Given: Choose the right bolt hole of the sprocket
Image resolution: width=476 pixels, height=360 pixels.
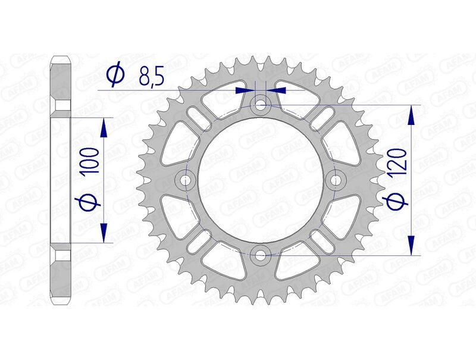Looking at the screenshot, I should tap(336, 180).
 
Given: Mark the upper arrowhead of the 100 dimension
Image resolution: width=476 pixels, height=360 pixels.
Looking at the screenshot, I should tap(104, 124).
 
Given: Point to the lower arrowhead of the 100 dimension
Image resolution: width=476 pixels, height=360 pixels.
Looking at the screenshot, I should tap(104, 235).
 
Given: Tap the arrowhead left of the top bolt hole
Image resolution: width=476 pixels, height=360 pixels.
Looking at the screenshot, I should tap(245, 90).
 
